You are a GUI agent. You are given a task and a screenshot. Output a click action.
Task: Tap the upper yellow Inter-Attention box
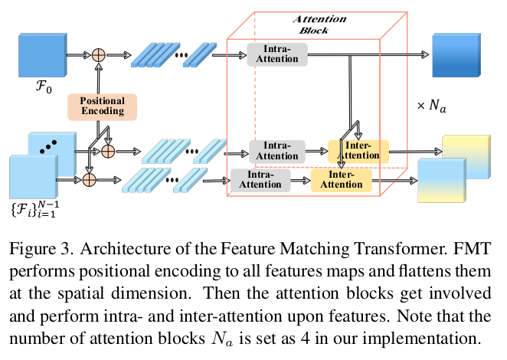click(358, 151)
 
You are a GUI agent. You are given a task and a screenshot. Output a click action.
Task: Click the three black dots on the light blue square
click(51, 145)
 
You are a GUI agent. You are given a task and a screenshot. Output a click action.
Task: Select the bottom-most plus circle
click(89, 180)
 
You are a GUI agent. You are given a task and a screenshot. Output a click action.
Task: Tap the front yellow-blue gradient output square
click(440, 180)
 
